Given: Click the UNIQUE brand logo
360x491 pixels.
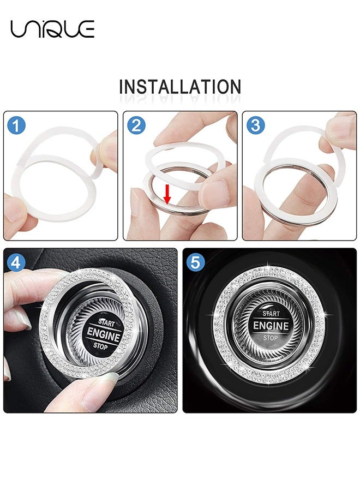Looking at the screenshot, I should pyautogui.click(x=52, y=29).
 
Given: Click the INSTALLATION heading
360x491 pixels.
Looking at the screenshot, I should pyautogui.click(x=180, y=87).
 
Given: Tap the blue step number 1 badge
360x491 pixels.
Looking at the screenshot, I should pyautogui.click(x=17, y=126).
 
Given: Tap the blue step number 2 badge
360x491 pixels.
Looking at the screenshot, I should pyautogui.click(x=136, y=126).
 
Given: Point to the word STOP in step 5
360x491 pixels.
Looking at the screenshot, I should pyautogui.click(x=270, y=338).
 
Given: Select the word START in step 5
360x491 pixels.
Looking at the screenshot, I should pyautogui.click(x=271, y=314).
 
